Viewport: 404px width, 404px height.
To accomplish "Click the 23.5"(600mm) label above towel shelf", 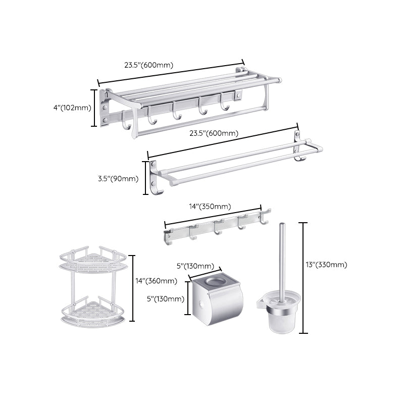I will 148,65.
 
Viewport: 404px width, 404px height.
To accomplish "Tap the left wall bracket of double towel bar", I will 154,177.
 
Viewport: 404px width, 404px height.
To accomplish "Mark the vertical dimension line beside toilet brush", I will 304,278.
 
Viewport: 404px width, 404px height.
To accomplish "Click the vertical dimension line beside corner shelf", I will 133,288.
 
